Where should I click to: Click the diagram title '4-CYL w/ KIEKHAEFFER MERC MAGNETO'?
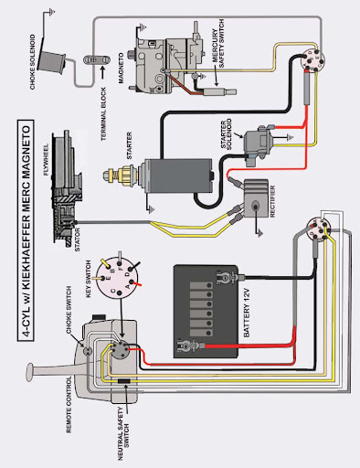[26, 229]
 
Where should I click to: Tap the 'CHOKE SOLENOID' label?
[33, 62]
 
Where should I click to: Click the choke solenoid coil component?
[53, 62]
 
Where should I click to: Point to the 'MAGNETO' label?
[121, 68]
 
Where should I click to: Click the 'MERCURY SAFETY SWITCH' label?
[218, 44]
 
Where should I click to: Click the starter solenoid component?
[259, 145]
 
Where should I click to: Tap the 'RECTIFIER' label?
[272, 201]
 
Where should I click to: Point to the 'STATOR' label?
[77, 239]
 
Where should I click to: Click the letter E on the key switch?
[107, 278]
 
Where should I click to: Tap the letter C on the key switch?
[113, 291]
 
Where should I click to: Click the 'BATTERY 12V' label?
[247, 314]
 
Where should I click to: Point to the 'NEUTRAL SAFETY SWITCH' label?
[124, 433]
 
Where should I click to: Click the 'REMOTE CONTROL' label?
[69, 404]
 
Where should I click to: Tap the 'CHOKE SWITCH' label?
[69, 309]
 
